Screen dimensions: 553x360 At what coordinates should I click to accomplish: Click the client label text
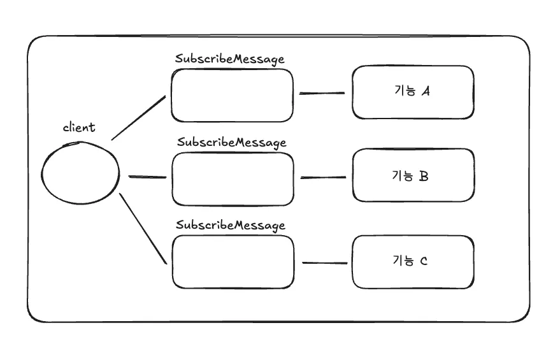79,127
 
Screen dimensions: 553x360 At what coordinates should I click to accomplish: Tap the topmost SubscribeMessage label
229,59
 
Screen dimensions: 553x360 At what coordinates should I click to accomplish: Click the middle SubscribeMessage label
232,143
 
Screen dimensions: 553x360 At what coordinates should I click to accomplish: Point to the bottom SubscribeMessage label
230,226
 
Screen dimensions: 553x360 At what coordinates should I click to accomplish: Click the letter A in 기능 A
426,91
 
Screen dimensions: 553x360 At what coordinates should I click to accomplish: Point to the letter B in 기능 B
424,176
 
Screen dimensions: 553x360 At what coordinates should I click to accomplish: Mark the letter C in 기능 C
424,261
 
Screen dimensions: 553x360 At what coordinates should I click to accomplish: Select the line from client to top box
139,118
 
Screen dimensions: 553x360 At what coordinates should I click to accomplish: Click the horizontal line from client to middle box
147,176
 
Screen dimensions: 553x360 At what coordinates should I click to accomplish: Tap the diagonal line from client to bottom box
143,229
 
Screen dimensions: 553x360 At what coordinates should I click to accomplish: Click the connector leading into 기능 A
322,93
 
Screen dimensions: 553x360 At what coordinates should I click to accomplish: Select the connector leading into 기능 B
323,177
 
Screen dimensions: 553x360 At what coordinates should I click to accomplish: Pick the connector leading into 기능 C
325,263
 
